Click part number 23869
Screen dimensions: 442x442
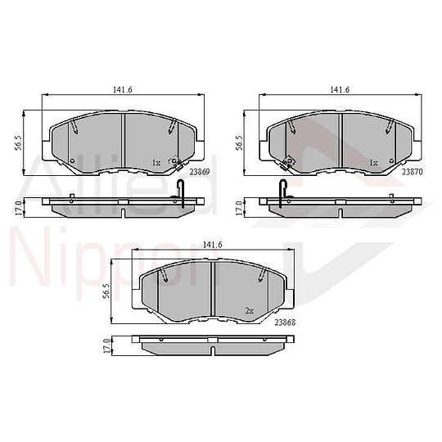[200, 172]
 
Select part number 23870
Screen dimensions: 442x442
[412, 172]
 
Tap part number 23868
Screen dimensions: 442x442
[285, 322]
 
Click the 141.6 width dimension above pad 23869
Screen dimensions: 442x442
[123, 90]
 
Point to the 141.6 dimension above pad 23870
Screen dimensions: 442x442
[340, 90]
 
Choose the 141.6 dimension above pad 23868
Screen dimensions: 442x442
[213, 245]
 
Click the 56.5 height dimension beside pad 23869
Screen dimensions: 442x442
[20, 143]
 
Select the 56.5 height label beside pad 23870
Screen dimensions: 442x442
[239, 143]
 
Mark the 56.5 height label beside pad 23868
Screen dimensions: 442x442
[106, 291]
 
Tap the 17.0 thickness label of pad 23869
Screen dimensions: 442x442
[19, 208]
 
